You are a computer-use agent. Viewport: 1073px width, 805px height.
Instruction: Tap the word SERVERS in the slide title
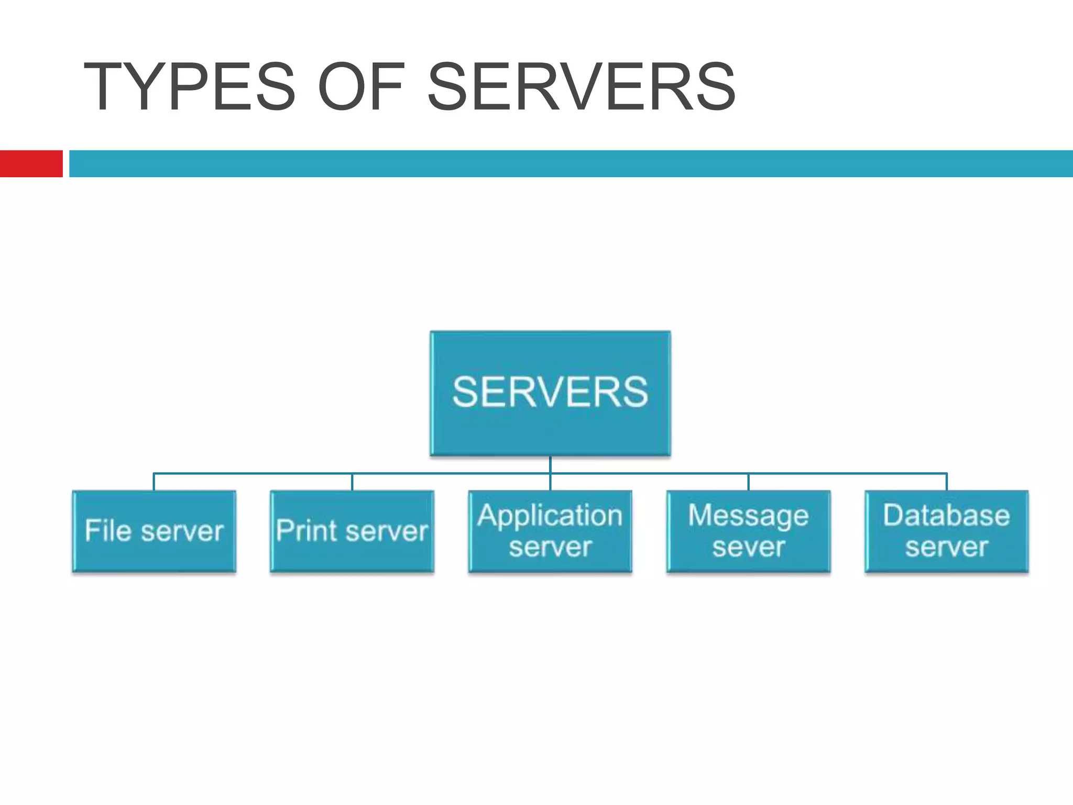[x=582, y=87]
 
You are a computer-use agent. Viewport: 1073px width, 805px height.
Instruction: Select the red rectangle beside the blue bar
[x=31, y=164]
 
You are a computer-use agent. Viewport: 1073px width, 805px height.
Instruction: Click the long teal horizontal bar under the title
[x=571, y=164]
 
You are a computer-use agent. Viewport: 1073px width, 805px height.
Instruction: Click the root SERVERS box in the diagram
[x=550, y=393]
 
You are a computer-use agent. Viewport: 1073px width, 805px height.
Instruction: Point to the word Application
[x=550, y=516]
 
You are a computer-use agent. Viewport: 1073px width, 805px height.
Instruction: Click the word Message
[x=748, y=516]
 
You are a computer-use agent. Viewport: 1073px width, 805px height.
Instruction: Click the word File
[x=108, y=530]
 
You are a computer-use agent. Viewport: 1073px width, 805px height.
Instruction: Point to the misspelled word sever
[x=748, y=547]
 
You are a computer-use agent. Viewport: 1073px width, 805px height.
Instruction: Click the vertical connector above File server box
[x=154, y=482]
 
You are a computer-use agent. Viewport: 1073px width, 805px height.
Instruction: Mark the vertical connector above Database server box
[x=947, y=482]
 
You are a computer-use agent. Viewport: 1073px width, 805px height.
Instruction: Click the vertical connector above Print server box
[x=352, y=482]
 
